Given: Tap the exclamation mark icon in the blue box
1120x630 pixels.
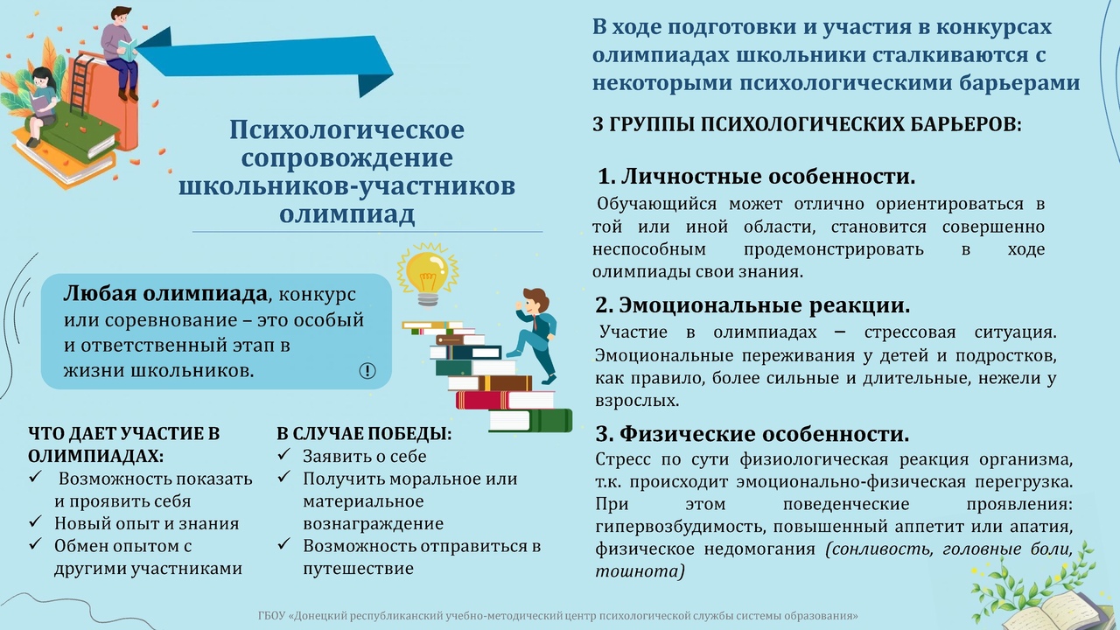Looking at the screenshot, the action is (x=367, y=370).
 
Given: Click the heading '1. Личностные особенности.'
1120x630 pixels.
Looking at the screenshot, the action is (x=757, y=177).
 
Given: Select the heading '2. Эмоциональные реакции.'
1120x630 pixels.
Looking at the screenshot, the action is (x=752, y=305).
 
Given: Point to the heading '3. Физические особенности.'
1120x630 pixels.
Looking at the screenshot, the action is (x=752, y=433).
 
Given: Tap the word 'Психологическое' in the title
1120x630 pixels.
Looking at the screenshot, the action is (x=347, y=130).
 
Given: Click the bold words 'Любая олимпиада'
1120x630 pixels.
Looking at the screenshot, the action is (x=165, y=294).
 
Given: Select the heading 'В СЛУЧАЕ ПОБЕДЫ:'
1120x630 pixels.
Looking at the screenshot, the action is (x=364, y=433).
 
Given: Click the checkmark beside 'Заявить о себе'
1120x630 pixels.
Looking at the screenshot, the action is (x=284, y=454).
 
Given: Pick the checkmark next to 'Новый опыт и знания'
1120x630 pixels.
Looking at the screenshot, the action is (x=35, y=522).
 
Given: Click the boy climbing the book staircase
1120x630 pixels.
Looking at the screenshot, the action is (x=535, y=335).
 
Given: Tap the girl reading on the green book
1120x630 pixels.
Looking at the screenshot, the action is (x=42, y=106).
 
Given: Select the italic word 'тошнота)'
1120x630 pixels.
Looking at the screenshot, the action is (x=640, y=571).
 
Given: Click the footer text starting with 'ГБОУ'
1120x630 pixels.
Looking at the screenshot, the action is (x=557, y=615).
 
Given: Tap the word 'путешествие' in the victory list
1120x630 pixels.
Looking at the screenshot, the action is (x=359, y=569).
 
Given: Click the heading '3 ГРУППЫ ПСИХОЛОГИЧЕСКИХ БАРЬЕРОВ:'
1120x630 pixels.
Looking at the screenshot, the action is (x=807, y=124).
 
